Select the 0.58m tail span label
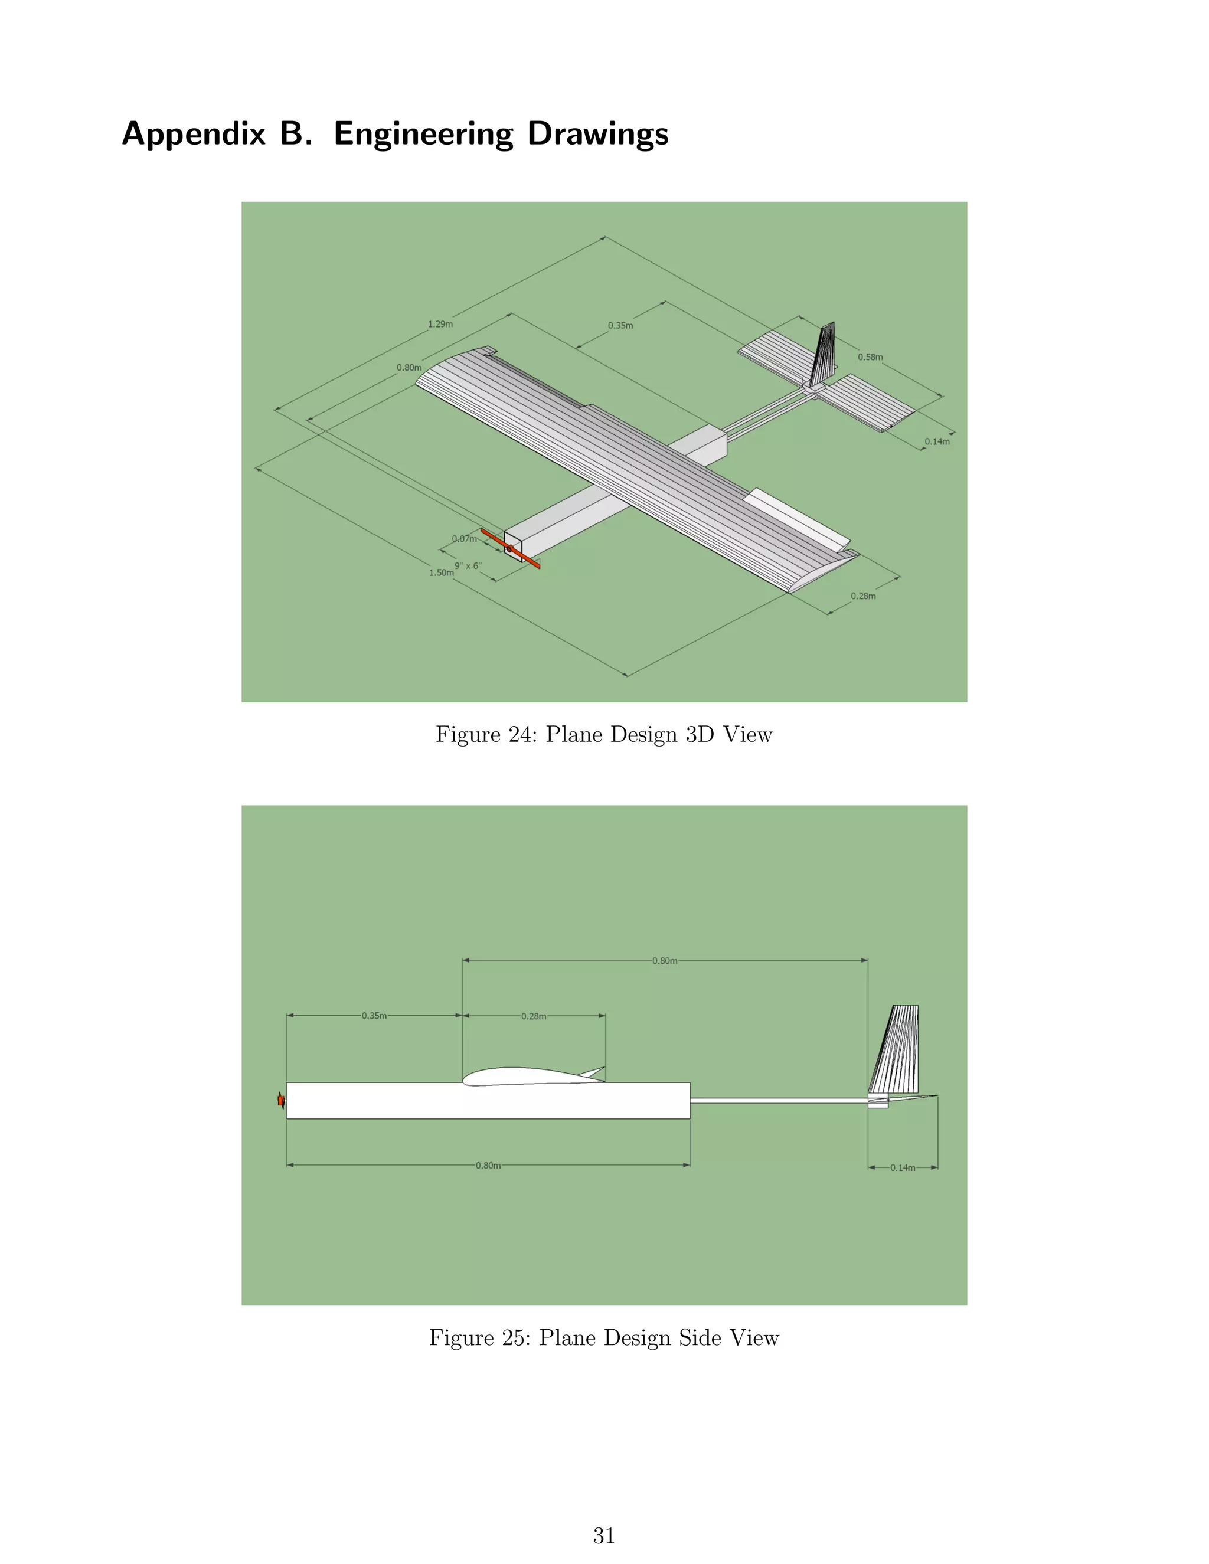pos(870,356)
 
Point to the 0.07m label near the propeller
pos(464,538)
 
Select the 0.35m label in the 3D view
pos(620,325)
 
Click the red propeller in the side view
pos(281,1100)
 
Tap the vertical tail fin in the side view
pos(896,1049)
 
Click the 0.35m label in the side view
pos(374,1016)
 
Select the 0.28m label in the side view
pos(534,1016)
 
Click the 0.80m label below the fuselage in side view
pos(488,1165)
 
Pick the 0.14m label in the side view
pos(903,1167)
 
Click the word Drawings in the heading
pos(597,134)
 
